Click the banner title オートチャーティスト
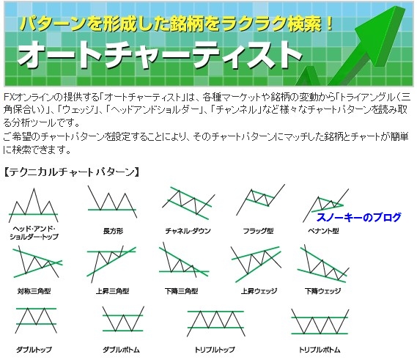160,55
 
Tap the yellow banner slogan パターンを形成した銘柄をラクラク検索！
177,23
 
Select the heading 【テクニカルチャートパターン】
72,172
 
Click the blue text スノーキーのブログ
359,217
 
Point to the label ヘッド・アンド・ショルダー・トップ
34,232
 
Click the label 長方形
113,231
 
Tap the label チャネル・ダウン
188,231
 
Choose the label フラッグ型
258,231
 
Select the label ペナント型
323,231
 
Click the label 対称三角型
34,291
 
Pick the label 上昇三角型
112,291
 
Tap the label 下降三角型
181,291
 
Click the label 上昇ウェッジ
259,291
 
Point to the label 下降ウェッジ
322,291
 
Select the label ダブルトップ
34,350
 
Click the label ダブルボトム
121,350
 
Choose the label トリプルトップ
215,350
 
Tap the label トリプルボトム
320,350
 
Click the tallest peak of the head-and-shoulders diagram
34,188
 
